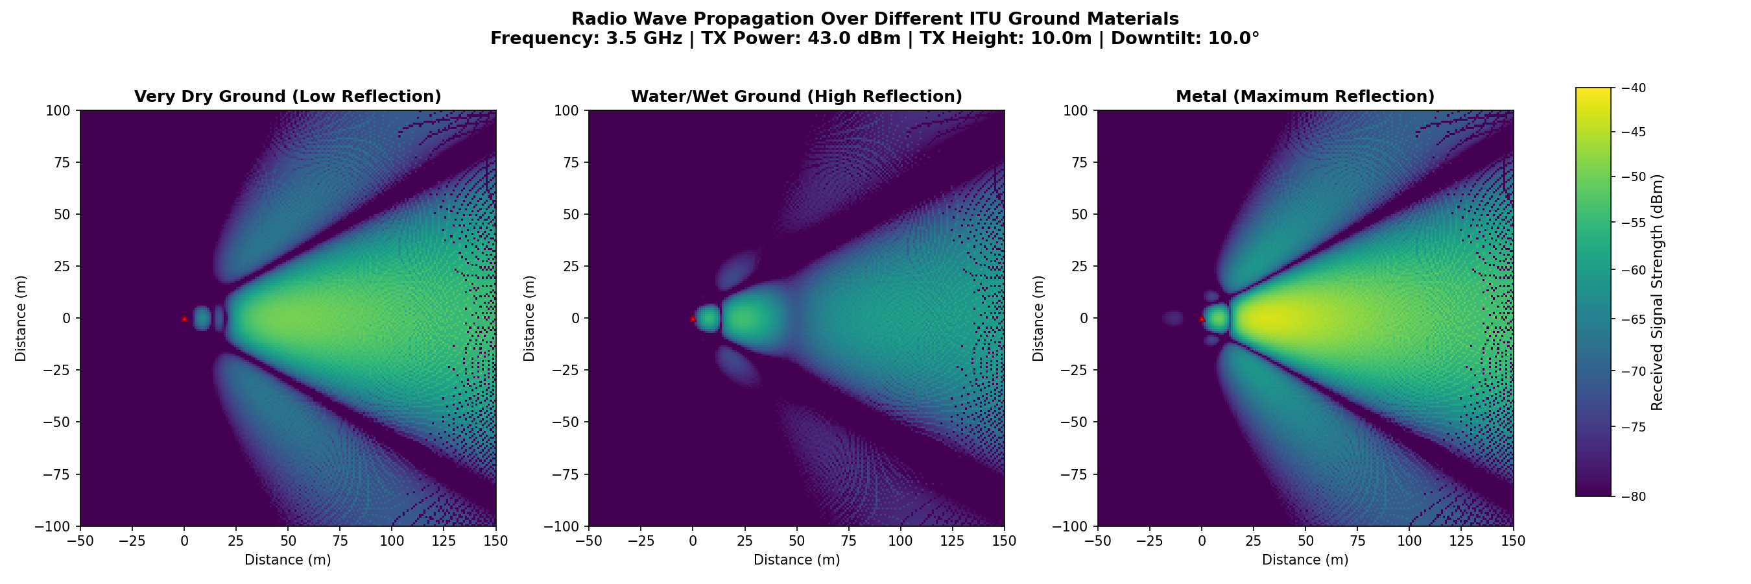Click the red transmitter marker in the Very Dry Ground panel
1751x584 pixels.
pyautogui.click(x=184, y=318)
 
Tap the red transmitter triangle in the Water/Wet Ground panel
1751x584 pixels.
pyautogui.click(x=693, y=318)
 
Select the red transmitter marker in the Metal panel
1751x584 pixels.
pyautogui.click(x=1202, y=318)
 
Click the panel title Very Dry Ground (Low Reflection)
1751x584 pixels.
pyautogui.click(x=287, y=97)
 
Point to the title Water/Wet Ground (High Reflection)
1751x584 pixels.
pyautogui.click(x=796, y=97)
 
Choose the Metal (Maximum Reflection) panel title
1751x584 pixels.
pyautogui.click(x=1305, y=97)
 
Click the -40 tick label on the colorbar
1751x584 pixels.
pyautogui.click(x=1634, y=88)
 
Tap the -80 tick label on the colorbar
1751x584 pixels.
pyautogui.click(x=1634, y=497)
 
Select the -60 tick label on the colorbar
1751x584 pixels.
pyautogui.click(x=1634, y=271)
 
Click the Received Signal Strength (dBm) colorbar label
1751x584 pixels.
pyautogui.click(x=1657, y=293)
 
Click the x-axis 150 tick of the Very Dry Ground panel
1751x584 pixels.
pyautogui.click(x=495, y=541)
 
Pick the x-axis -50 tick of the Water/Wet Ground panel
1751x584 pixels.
pyautogui.click(x=589, y=541)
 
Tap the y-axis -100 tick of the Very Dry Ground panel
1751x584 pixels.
pyautogui.click(x=57, y=526)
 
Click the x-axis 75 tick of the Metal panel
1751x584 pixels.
pyautogui.click(x=1357, y=541)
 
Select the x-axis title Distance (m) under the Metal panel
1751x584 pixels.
pyautogui.click(x=1305, y=560)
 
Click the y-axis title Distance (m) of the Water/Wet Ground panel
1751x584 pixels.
pyautogui.click(x=529, y=318)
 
